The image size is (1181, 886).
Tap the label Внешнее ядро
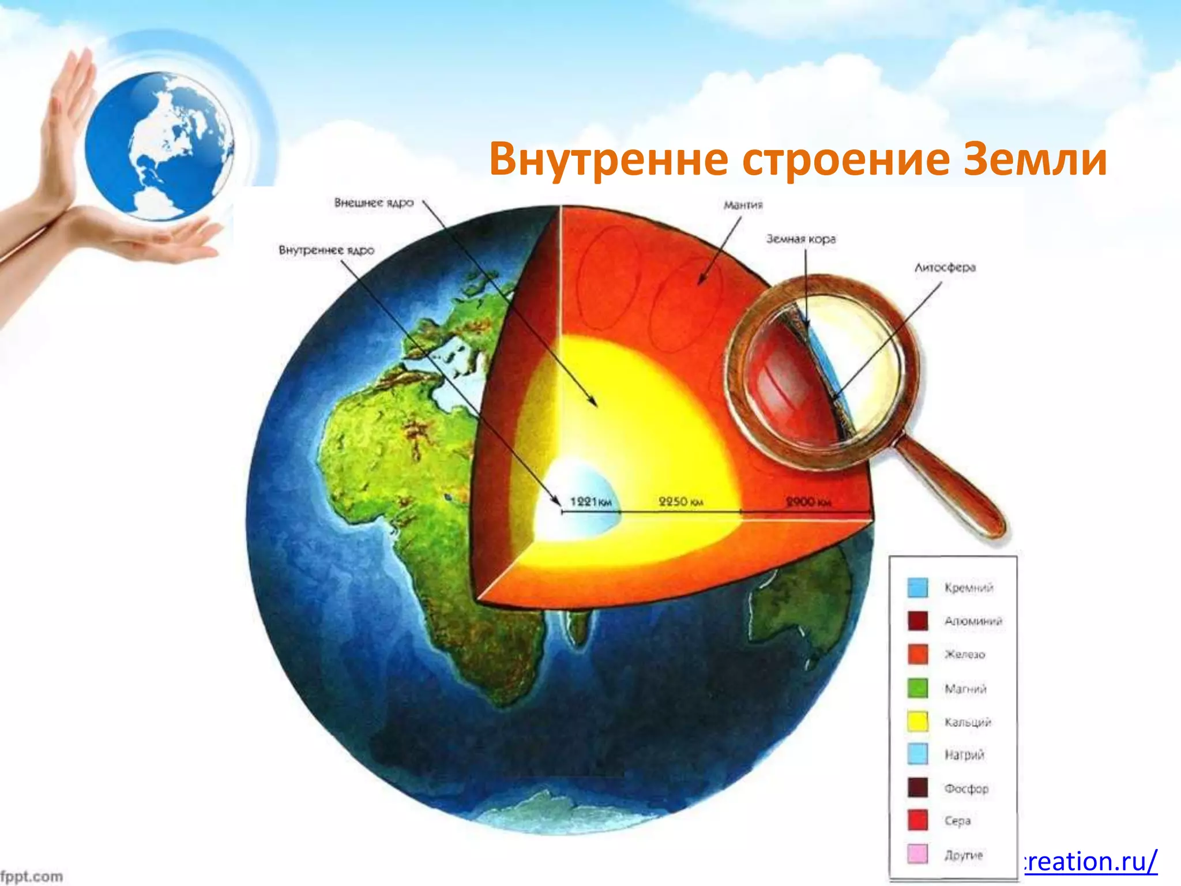click(374, 203)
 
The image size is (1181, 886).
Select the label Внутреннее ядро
click(326, 250)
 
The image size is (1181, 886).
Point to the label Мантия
click(743, 205)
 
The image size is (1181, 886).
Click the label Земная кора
click(800, 239)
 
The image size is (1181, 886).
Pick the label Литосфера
click(945, 268)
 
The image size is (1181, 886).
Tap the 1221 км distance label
click(590, 502)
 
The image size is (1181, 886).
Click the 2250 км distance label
click(680, 502)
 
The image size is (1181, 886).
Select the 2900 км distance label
click(808, 502)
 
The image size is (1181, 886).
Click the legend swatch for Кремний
click(917, 588)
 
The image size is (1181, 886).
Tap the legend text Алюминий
click(973, 621)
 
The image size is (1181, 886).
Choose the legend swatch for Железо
click(917, 654)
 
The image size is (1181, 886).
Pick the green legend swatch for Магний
click(917, 688)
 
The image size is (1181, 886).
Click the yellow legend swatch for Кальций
click(917, 721)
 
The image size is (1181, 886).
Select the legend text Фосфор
click(966, 789)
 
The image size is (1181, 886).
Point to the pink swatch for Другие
click(917, 854)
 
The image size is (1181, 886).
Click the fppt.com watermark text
click(32, 876)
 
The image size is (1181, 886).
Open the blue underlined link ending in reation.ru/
click(1090, 861)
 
